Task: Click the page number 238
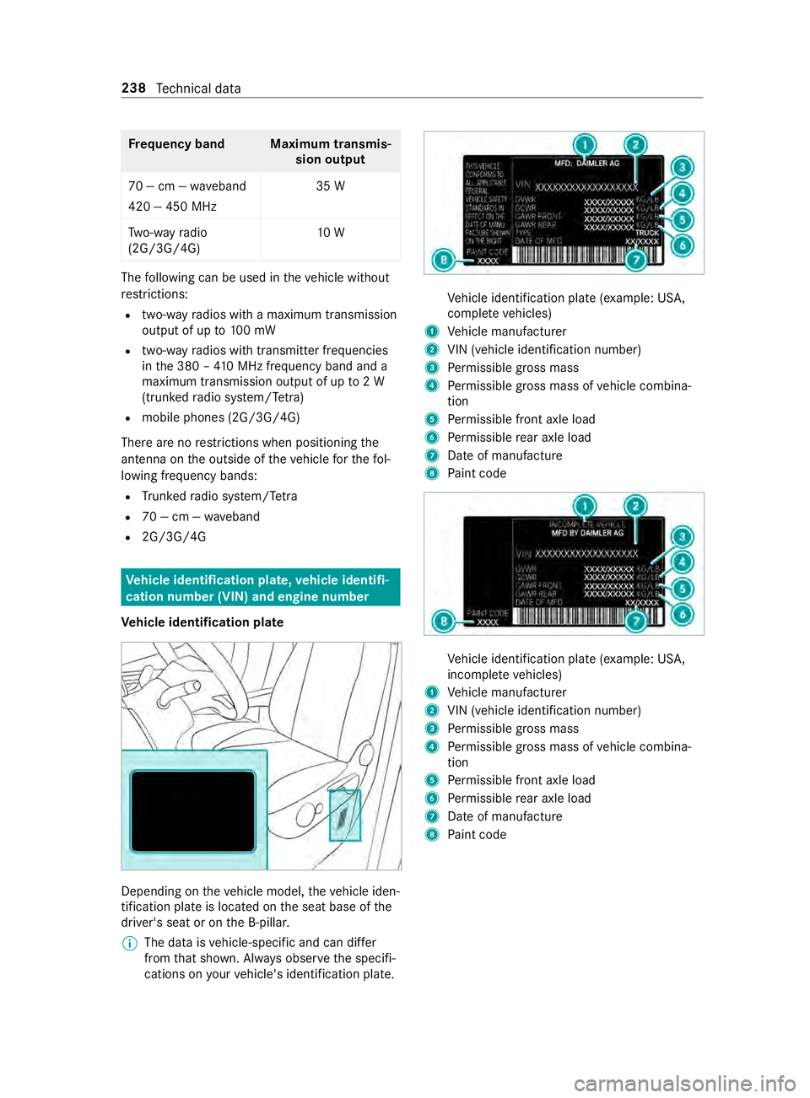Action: coord(133,89)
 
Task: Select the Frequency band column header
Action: coord(176,144)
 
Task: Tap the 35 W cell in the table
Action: coord(330,186)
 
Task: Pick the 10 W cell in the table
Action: coord(330,233)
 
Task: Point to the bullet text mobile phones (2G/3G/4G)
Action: coord(220,417)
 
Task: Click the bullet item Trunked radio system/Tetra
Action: coord(219,497)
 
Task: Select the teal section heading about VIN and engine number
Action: coord(260,588)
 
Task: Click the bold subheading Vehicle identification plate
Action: coord(202,622)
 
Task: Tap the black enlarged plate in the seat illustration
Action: coord(192,811)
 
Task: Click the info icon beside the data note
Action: coord(127,943)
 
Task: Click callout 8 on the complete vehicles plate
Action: coord(444,260)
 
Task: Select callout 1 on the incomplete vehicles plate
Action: coord(584,506)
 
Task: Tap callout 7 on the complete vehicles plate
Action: coord(635,260)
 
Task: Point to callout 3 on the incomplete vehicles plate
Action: coord(682,537)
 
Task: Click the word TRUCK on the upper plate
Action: coord(646,233)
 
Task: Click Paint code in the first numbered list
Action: coord(477,474)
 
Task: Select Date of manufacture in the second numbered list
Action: coord(505,816)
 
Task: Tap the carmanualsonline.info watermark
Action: coord(684,1082)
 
